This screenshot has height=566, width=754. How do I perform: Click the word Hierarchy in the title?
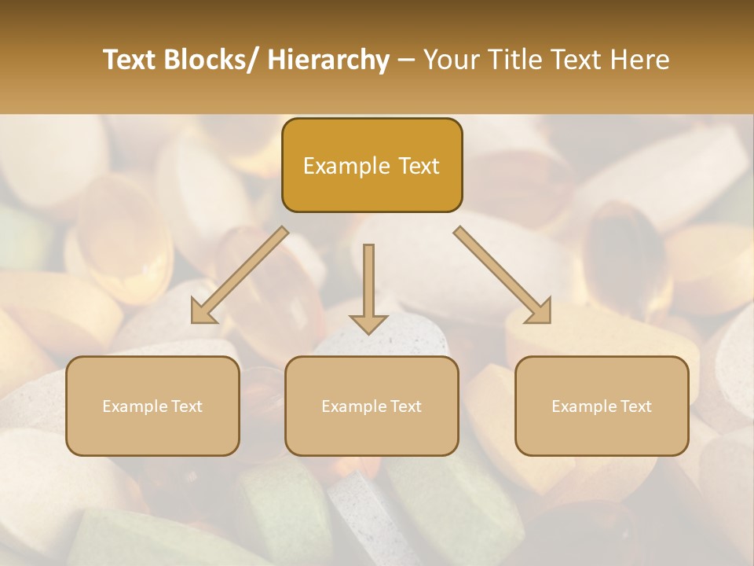pos(328,60)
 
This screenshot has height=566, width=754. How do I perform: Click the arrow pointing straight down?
pos(368,283)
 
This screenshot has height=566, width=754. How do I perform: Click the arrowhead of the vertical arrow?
pos(368,323)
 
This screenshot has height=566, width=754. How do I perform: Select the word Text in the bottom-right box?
pos(635,406)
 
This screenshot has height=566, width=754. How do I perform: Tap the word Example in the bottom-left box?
pos(134,406)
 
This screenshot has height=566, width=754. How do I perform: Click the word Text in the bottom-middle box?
pos(405,406)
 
